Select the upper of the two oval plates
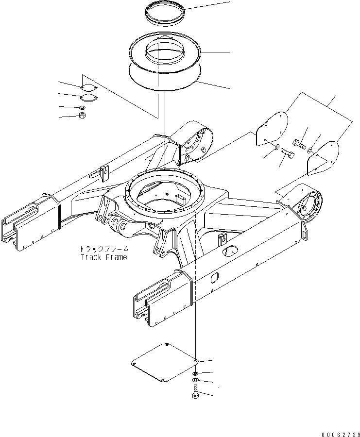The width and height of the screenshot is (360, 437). point(88,88)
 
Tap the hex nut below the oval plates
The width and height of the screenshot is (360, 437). point(82,116)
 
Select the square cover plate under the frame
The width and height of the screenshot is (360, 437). point(164,364)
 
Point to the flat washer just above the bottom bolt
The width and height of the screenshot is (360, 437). point(195,379)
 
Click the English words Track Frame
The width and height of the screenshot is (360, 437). point(103,257)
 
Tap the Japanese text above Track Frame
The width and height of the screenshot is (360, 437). point(103,249)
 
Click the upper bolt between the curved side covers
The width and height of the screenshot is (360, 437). point(298,143)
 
